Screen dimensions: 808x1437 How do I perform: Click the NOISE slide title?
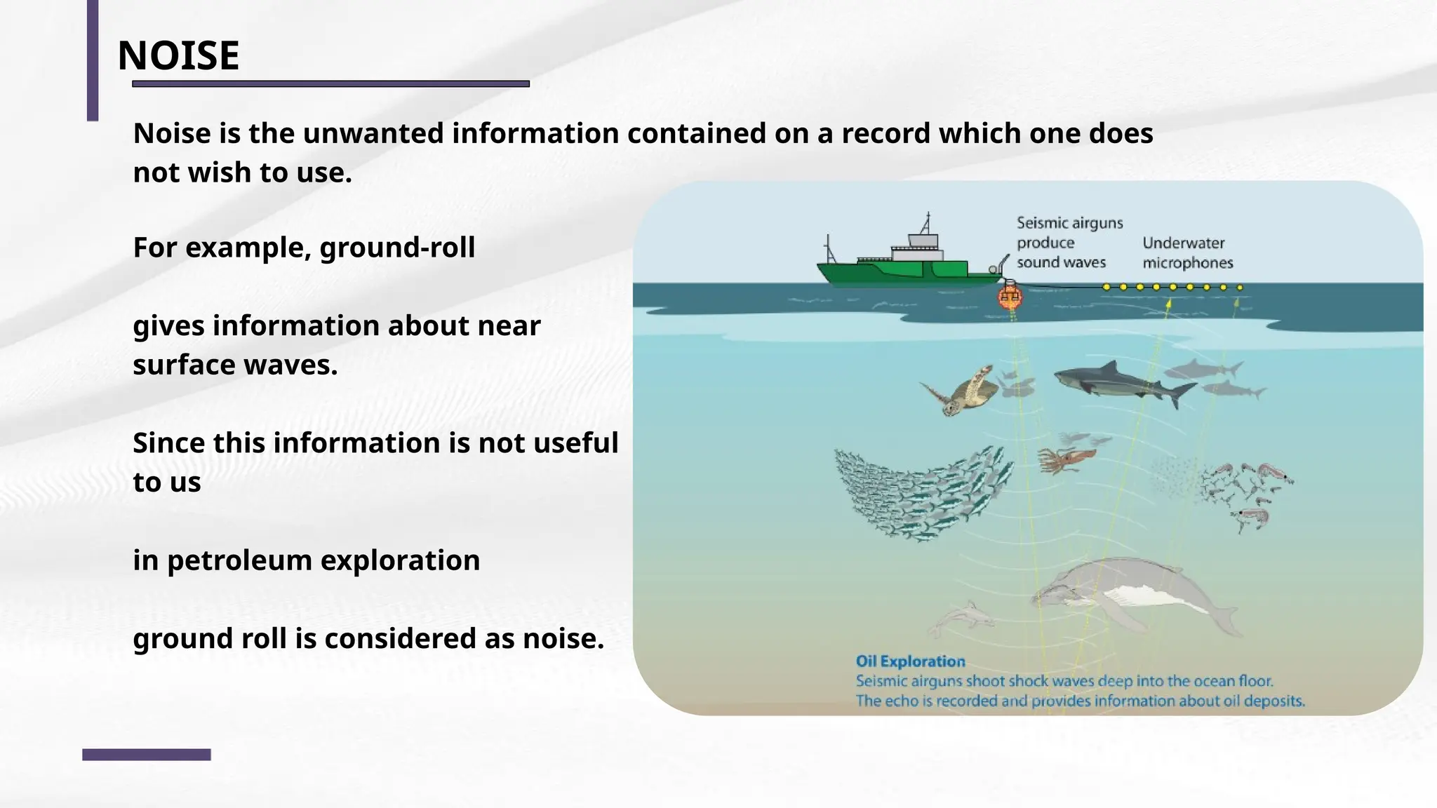pos(178,55)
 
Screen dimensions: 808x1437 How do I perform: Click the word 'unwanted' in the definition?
pos(373,133)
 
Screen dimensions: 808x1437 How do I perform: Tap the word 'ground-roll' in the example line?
pos(397,248)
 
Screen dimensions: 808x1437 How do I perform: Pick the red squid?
pos(1065,459)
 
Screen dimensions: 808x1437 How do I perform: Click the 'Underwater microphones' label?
pos(1187,253)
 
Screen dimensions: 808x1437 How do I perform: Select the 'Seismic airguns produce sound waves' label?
pos(1069,243)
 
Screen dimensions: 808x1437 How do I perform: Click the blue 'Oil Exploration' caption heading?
pos(910,661)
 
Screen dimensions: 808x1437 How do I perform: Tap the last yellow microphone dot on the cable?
pos(1240,288)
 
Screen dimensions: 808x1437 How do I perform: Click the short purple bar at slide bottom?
pos(146,755)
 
